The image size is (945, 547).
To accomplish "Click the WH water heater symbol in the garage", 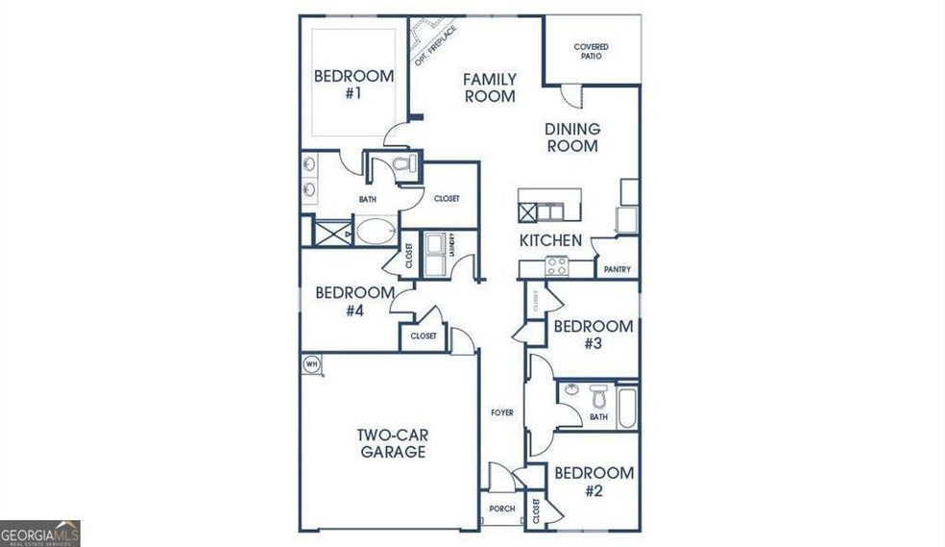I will [311, 363].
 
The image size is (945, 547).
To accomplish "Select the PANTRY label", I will [618, 269].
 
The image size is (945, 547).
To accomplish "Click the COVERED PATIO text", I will [592, 52].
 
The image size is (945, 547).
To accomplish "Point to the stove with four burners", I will [557, 266].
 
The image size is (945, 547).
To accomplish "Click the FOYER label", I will [501, 412].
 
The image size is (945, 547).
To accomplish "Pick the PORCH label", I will [501, 509].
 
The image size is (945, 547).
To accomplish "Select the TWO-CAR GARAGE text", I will [393, 443].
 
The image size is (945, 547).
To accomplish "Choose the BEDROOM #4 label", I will [354, 301].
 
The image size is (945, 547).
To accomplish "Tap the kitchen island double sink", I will [549, 211].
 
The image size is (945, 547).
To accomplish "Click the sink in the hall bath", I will [571, 390].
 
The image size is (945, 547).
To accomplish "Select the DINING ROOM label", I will [572, 137].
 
